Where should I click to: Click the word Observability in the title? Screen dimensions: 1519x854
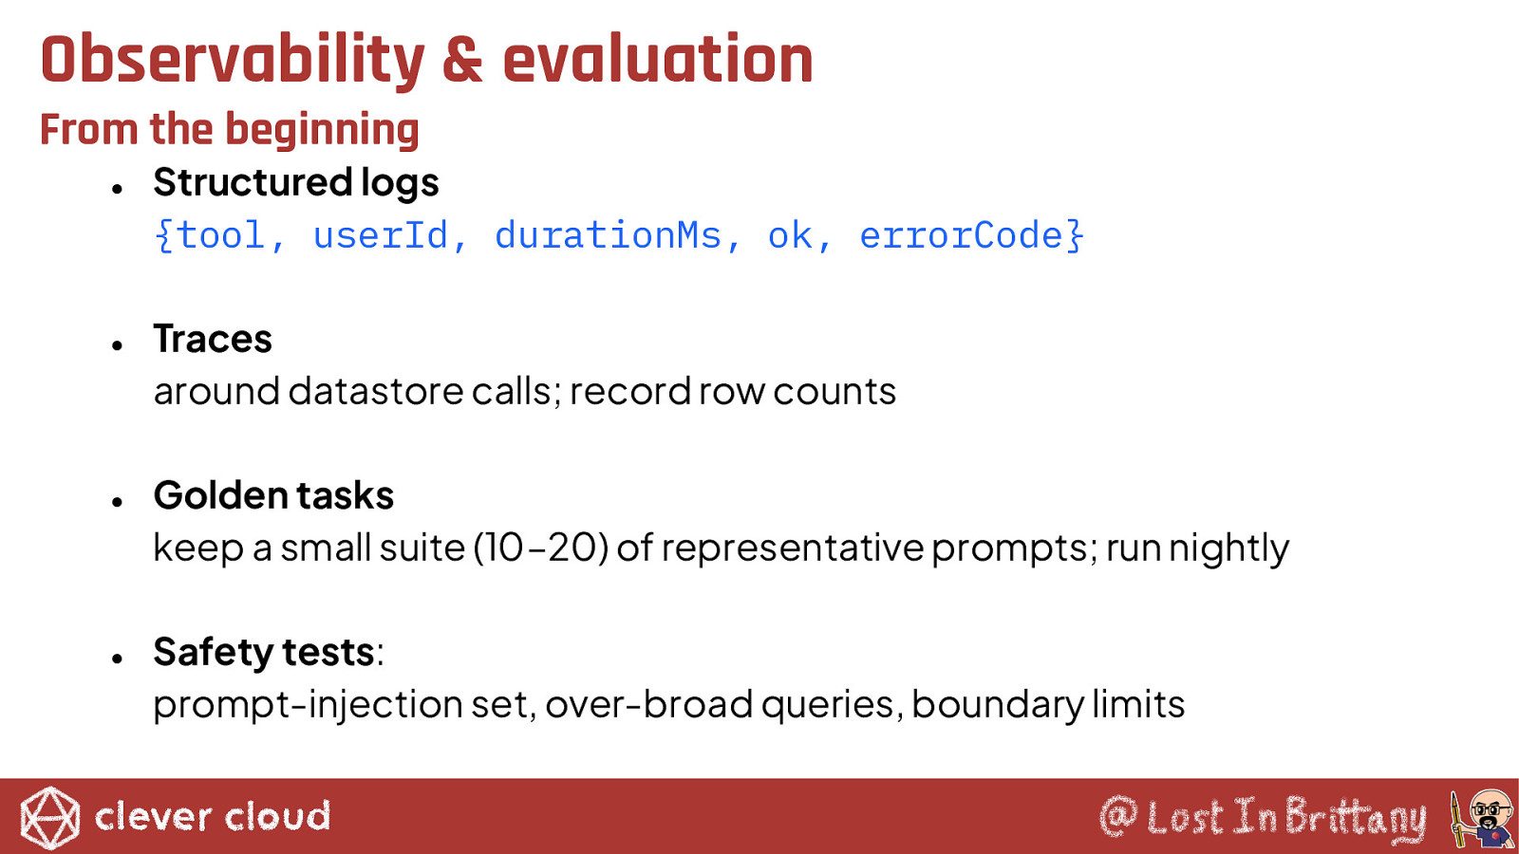click(233, 61)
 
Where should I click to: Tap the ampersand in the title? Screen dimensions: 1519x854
click(462, 61)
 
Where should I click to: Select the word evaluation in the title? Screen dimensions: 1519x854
click(658, 60)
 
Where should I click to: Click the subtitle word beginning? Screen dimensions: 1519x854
click(322, 131)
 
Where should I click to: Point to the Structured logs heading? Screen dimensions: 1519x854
click(296, 183)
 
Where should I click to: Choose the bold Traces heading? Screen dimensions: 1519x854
click(213, 339)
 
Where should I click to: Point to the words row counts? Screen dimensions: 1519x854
click(797, 392)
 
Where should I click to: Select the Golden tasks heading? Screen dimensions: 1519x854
click(274, 495)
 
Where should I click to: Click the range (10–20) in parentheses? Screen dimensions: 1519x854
click(540, 548)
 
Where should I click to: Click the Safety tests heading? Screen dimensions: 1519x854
click(265, 653)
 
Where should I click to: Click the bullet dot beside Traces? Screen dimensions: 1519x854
click(118, 345)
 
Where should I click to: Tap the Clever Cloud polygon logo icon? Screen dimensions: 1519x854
click(49, 817)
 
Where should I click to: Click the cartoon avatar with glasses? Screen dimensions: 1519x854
click(1484, 819)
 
